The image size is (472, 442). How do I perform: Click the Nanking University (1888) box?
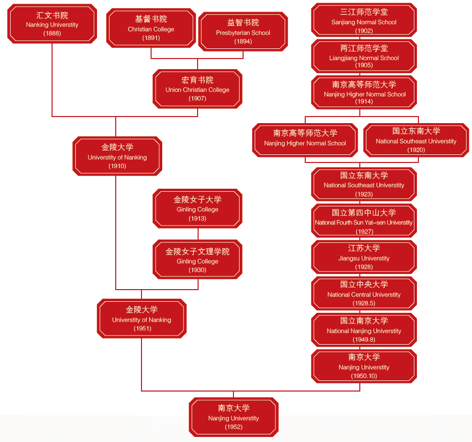52,24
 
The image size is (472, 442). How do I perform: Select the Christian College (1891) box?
151,28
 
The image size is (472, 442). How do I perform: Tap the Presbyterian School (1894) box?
243,32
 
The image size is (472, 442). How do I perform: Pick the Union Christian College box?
198,89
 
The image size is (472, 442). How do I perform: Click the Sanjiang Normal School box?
364,21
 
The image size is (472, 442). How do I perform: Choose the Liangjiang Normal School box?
364,57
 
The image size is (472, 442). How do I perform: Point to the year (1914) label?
364,101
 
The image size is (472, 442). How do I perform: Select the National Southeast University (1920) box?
416,140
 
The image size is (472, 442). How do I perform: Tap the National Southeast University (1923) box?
364,184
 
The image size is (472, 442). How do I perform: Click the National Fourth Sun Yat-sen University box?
364,221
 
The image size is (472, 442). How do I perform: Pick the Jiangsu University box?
364,257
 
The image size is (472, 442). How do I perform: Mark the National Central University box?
364,293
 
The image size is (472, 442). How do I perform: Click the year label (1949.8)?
364,340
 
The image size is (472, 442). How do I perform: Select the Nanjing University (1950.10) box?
364,366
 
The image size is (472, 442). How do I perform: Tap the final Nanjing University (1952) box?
233,417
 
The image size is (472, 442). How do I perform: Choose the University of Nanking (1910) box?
117,156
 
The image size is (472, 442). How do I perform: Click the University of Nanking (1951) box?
141,318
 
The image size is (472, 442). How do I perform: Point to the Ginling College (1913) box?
198,208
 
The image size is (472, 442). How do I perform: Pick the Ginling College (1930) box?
198,260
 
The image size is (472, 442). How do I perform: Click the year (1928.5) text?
364,303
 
